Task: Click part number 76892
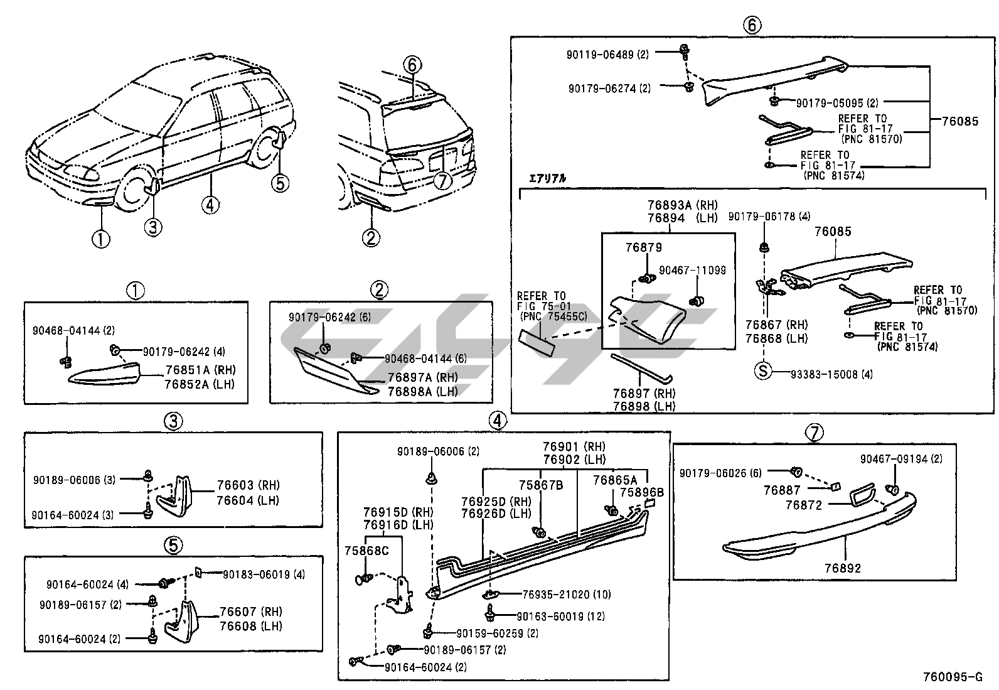point(843,568)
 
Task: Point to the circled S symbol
point(762,370)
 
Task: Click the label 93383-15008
point(823,374)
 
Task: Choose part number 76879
point(643,247)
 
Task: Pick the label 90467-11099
point(692,270)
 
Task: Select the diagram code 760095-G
point(952,677)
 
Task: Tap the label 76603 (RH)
point(248,485)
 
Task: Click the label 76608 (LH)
point(250,626)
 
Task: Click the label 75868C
point(366,550)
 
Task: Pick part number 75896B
point(641,492)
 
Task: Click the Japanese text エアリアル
point(548,178)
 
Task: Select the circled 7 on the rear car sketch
point(443,181)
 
